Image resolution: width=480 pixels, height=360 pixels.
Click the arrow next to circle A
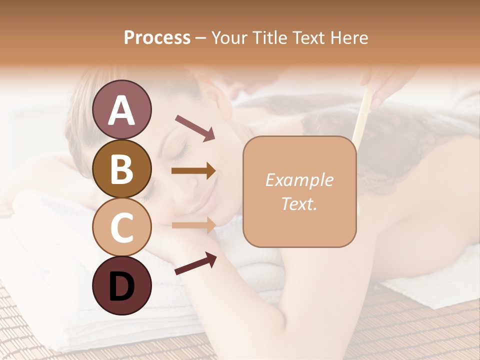pyautogui.click(x=195, y=127)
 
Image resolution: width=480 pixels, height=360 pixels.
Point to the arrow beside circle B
pyautogui.click(x=193, y=171)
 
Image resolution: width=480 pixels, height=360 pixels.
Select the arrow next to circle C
pyautogui.click(x=193, y=225)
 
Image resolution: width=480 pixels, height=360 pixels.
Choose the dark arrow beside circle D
pyautogui.click(x=195, y=263)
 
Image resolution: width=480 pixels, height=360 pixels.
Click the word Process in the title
pyautogui.click(x=157, y=38)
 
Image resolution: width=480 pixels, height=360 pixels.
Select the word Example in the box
pyautogui.click(x=299, y=180)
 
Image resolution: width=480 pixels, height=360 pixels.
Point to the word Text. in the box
pyautogui.click(x=299, y=203)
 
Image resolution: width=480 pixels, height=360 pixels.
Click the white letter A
pyautogui.click(x=121, y=110)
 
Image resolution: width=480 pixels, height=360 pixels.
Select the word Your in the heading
pyautogui.click(x=228, y=38)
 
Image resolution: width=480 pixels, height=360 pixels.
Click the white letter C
pyautogui.click(x=121, y=227)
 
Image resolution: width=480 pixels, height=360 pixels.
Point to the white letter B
pyautogui.click(x=121, y=169)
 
